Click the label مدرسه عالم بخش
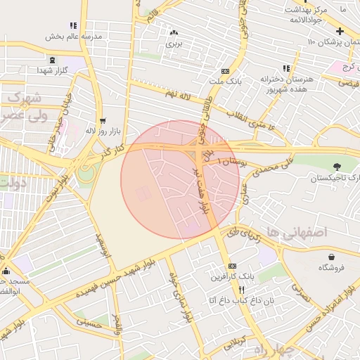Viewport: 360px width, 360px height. [74, 36]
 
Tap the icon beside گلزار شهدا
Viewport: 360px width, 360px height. [53, 60]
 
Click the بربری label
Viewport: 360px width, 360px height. [173, 44]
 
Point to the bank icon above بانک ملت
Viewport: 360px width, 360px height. [224, 71]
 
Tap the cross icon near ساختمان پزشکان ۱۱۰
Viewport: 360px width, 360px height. [340, 32]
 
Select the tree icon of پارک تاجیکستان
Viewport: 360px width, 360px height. [337, 167]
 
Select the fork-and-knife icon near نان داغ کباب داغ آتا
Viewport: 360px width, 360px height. [242, 290]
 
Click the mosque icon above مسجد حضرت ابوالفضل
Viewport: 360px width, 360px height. [6, 271]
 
